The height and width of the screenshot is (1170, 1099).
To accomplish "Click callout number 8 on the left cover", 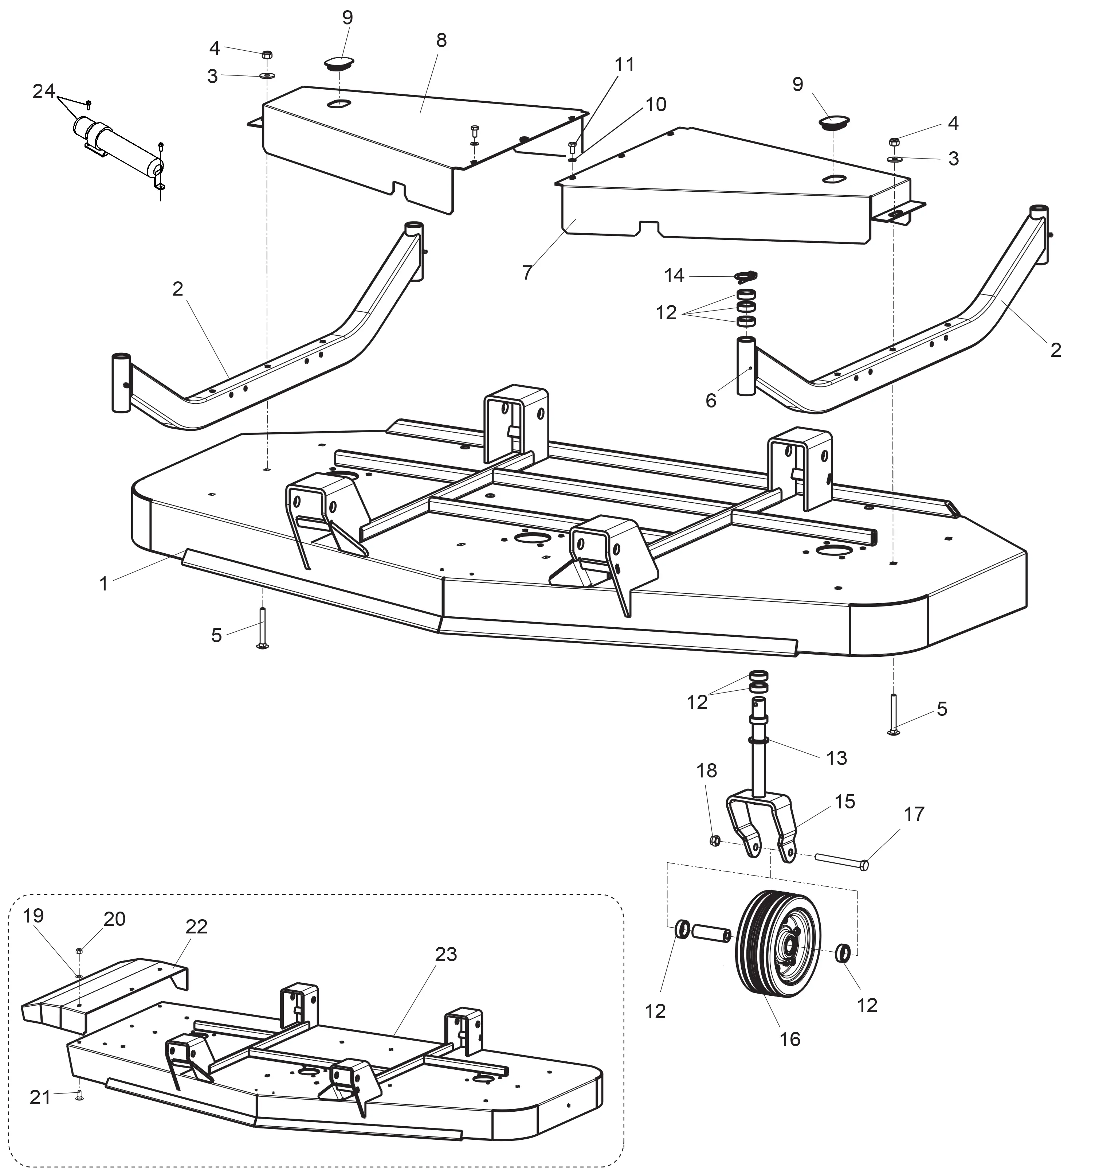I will point(441,40).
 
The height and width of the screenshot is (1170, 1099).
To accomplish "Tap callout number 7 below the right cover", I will point(527,273).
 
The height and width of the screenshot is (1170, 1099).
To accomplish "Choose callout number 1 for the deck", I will point(103,584).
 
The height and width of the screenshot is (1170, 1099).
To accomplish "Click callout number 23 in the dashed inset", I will point(446,953).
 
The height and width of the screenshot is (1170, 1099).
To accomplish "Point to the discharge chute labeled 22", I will point(106,995).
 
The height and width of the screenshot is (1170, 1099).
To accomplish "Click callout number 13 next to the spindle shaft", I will point(836,758).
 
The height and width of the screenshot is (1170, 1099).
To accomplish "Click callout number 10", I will point(655,104).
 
